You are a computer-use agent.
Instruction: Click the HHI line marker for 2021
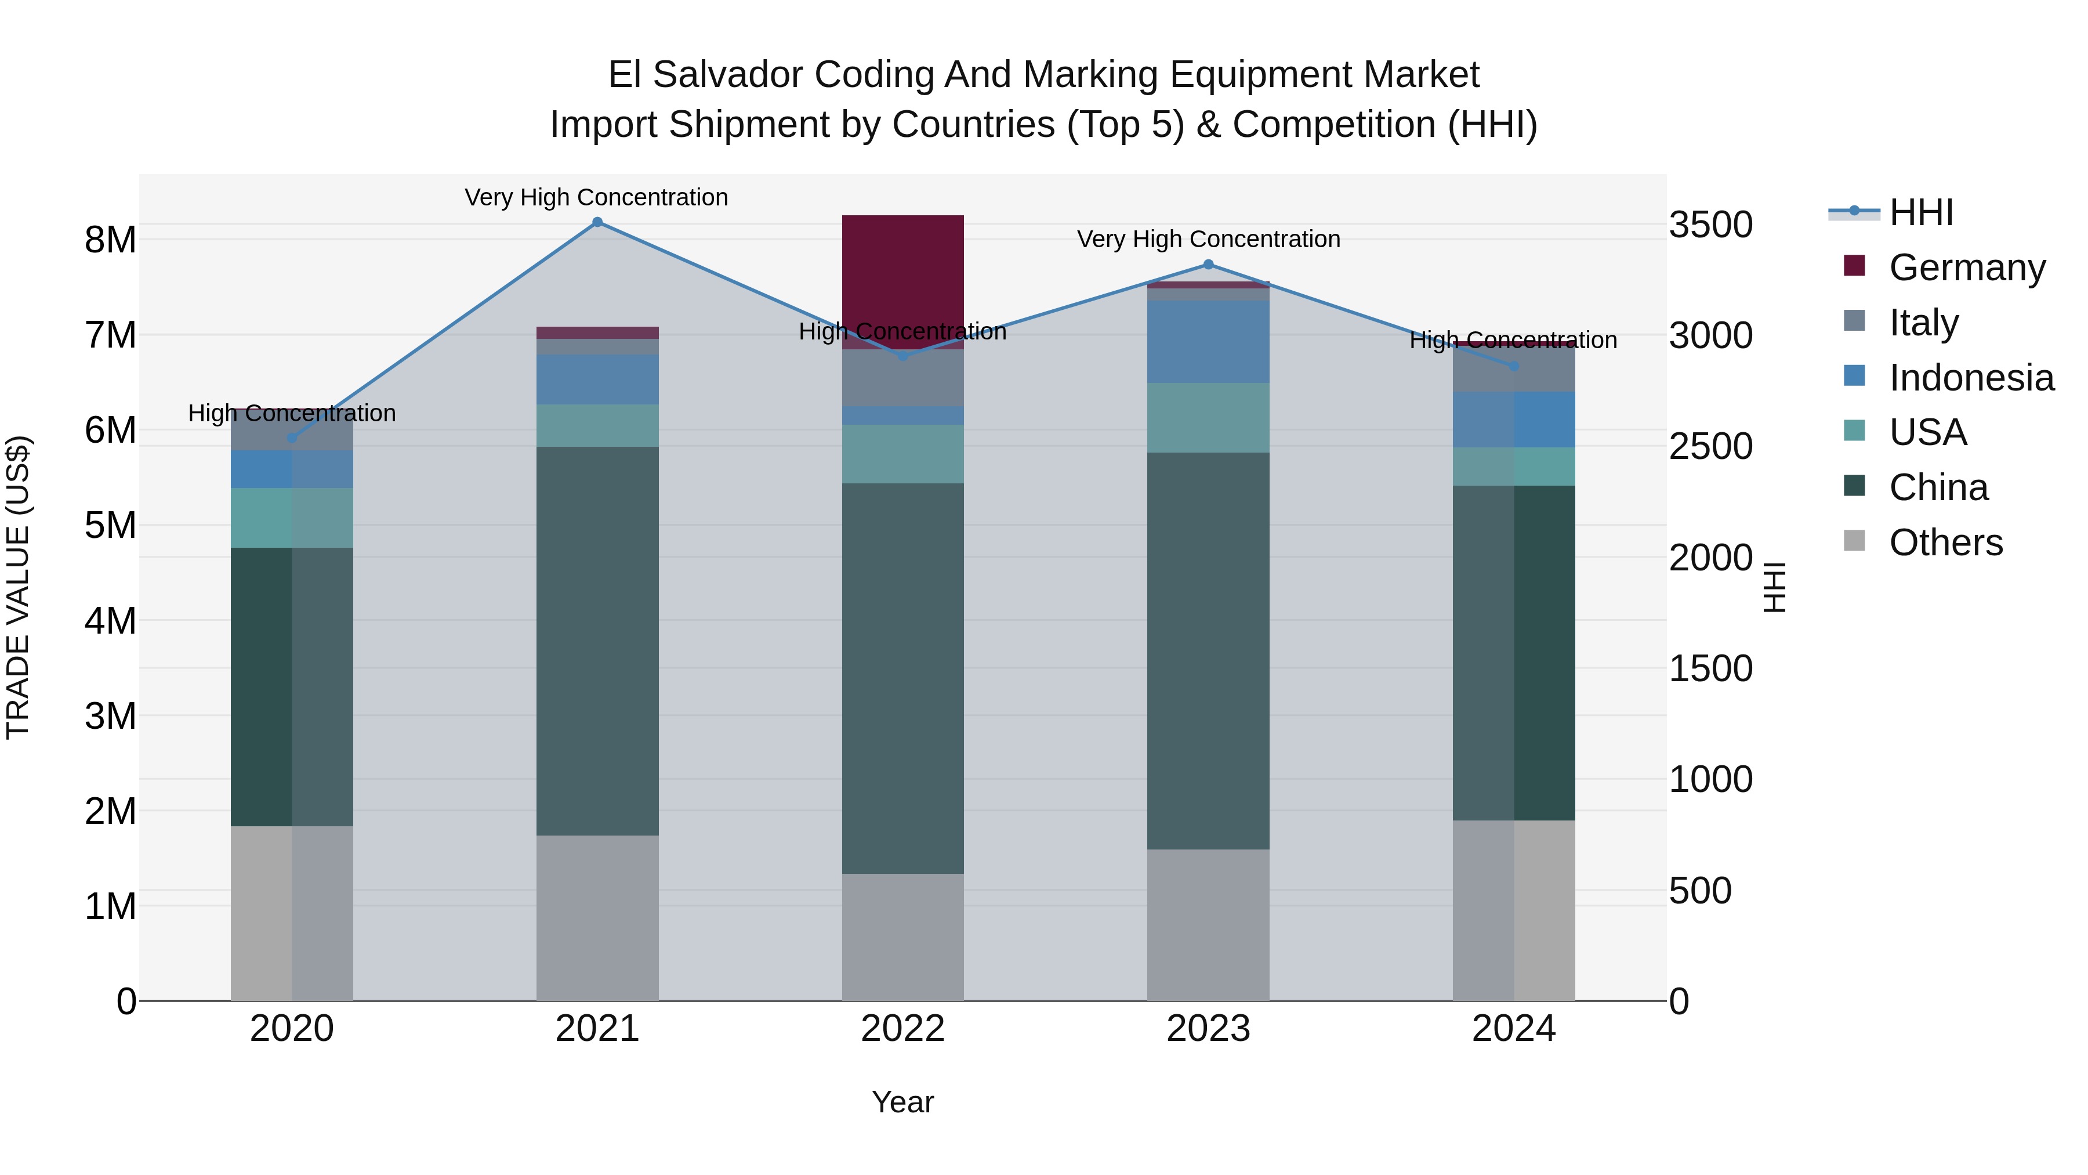pos(597,222)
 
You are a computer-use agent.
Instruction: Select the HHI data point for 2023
pos(1208,265)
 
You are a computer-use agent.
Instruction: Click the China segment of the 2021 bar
pos(597,641)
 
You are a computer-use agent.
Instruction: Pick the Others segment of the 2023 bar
pos(1208,924)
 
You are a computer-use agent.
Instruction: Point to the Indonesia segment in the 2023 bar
pos(1208,341)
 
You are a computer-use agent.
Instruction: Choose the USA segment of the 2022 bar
pos(903,454)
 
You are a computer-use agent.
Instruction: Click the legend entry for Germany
pos(1966,267)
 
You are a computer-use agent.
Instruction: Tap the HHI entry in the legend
pos(1920,212)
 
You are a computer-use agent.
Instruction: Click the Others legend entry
pos(1945,542)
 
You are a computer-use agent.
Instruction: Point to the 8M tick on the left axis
pos(110,240)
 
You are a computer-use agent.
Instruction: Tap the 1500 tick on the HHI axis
pos(1710,668)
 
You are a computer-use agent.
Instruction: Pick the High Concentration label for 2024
pos(1513,340)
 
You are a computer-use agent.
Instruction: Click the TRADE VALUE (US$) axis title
pos(18,587)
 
